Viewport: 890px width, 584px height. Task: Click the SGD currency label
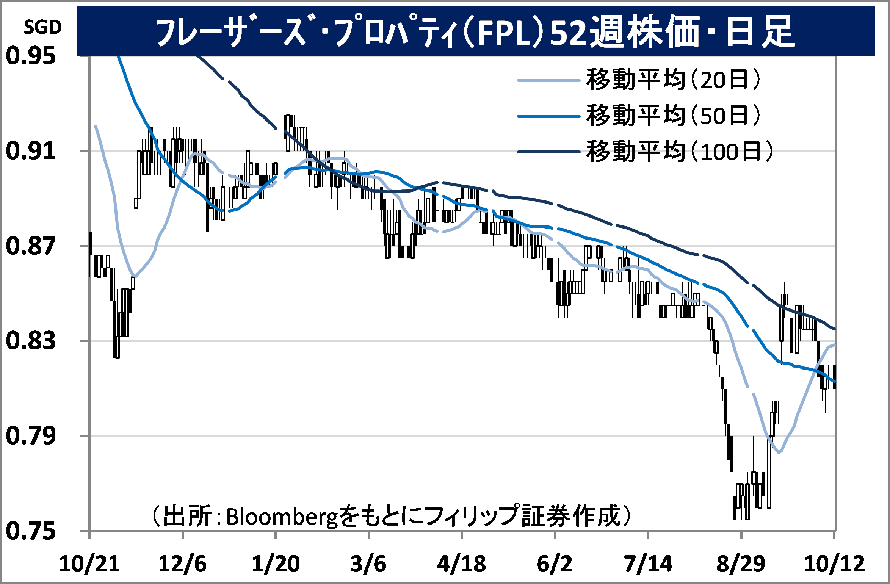[x=42, y=27]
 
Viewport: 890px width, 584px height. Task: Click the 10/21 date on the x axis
[x=89, y=564]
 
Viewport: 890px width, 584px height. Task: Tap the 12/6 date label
[x=182, y=564]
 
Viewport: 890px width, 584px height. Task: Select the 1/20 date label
[x=276, y=564]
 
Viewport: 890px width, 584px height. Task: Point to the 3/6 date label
[x=368, y=564]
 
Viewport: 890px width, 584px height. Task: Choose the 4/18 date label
[x=461, y=564]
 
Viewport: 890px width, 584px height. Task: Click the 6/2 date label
[x=555, y=564]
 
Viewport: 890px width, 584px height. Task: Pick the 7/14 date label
[x=648, y=564]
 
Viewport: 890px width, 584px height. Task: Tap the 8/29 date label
[x=741, y=564]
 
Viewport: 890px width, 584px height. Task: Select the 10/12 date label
[x=834, y=564]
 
